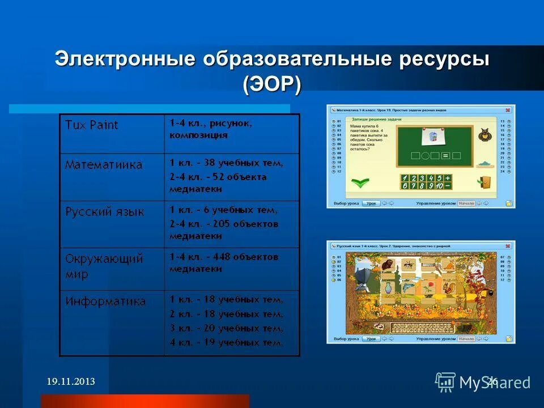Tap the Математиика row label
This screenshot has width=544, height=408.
point(104,165)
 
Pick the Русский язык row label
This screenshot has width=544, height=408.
point(105,212)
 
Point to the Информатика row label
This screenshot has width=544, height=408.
point(105,301)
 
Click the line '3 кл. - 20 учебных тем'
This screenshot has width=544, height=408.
point(226,328)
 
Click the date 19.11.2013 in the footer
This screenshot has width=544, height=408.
point(71,382)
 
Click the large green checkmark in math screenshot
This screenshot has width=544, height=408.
point(359,182)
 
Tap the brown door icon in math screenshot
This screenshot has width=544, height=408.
point(484,182)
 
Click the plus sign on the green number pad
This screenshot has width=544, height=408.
point(448,177)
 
